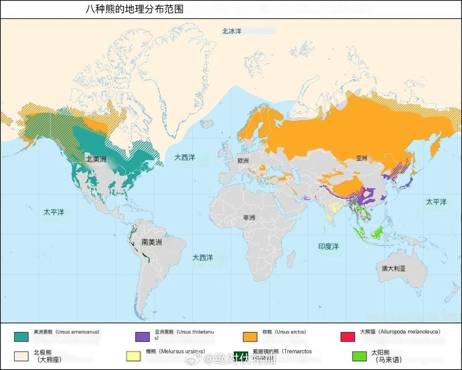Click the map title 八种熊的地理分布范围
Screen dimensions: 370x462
(x=134, y=9)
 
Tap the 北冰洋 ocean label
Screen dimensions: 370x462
(x=231, y=31)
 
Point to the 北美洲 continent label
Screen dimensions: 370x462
(x=96, y=159)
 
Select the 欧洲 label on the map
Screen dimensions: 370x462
(x=243, y=161)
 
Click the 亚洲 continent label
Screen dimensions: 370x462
(x=361, y=158)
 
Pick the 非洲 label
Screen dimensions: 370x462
(x=249, y=218)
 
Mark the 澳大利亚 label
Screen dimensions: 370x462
(x=393, y=269)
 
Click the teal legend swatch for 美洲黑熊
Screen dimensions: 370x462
(x=21, y=337)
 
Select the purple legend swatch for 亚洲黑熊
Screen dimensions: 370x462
(x=142, y=337)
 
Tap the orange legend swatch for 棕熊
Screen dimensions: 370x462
(x=250, y=337)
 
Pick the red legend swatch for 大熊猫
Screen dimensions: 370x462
(x=347, y=337)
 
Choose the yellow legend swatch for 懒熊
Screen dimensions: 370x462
(x=133, y=356)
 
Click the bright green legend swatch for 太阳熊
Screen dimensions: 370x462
(x=359, y=356)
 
